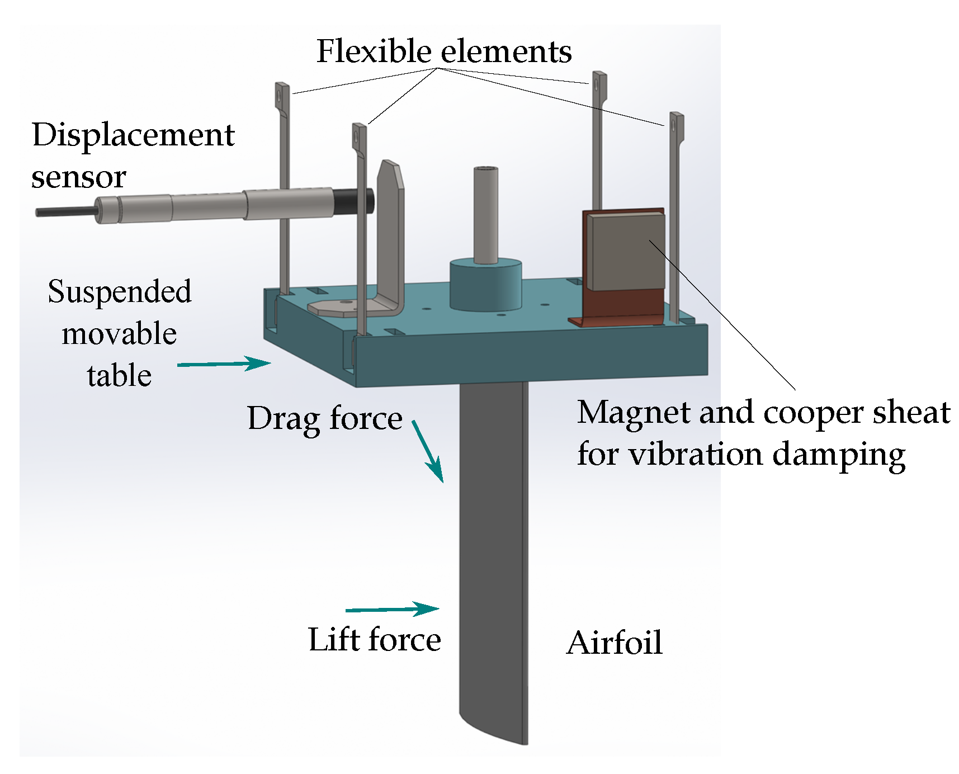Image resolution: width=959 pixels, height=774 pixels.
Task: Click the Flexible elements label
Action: pyautogui.click(x=443, y=52)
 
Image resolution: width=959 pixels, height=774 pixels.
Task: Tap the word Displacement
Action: pyautogui.click(x=133, y=135)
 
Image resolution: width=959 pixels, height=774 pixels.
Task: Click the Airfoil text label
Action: pyautogui.click(x=614, y=643)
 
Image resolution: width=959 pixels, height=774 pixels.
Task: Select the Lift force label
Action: pyautogui.click(x=374, y=640)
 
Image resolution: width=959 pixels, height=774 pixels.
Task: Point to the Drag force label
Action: pyautogui.click(x=324, y=419)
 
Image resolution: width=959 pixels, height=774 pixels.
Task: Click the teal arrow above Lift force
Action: pyautogui.click(x=393, y=609)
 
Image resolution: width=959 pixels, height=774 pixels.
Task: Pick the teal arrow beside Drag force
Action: pyautogui.click(x=428, y=452)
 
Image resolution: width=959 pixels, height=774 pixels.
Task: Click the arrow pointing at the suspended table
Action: pyautogui.click(x=224, y=364)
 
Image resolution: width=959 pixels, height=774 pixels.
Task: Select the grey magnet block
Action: pyautogui.click(x=626, y=252)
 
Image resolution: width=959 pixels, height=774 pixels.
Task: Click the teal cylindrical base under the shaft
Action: pyautogui.click(x=485, y=285)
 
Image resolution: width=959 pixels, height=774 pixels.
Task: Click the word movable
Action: pyautogui.click(x=119, y=334)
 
